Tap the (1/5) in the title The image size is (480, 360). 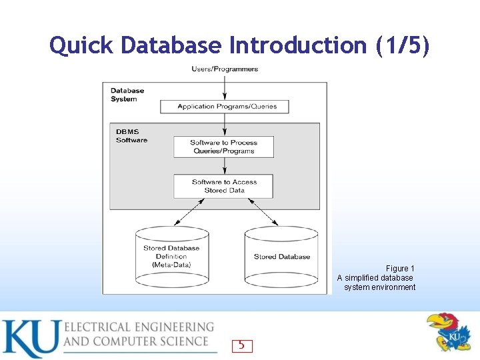click(x=403, y=45)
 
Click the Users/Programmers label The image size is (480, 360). click(x=225, y=69)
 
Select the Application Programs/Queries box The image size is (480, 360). click(x=227, y=107)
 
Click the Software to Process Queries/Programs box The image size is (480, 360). click(x=224, y=147)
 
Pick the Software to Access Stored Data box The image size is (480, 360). click(x=224, y=186)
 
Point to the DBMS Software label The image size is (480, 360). click(x=131, y=135)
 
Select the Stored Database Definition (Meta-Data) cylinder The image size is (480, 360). click(x=172, y=257)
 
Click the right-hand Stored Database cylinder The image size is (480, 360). click(x=281, y=257)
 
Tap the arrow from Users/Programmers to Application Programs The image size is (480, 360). click(x=225, y=86)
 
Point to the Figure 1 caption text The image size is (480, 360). click(x=377, y=278)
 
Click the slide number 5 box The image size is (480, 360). click(x=242, y=345)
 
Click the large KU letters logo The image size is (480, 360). click(x=30, y=339)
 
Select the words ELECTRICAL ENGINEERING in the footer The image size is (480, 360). click(x=139, y=327)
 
